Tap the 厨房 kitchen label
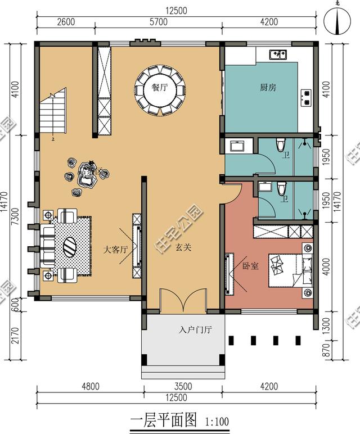coord(268,88)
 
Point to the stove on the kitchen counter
coord(307,97)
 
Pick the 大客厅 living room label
coord(116,250)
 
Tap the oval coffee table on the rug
coord(70,246)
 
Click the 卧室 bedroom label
coord(250,265)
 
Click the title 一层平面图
coord(164,420)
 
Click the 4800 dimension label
coord(89,386)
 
